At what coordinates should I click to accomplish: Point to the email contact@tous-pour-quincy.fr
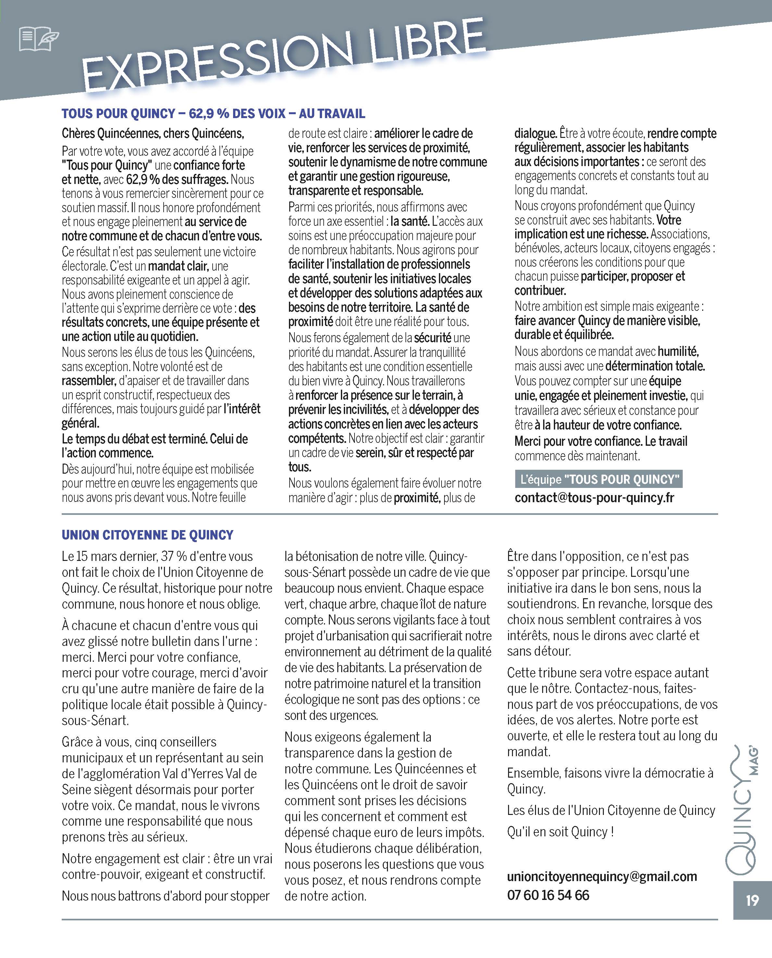594,498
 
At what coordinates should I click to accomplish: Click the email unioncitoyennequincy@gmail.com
602,876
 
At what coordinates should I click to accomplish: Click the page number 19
752,900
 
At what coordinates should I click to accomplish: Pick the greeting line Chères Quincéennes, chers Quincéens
153,133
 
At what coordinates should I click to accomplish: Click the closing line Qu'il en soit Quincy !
560,831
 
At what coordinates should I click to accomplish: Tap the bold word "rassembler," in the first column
89,381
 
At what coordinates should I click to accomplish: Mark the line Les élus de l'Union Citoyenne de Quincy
611,810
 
